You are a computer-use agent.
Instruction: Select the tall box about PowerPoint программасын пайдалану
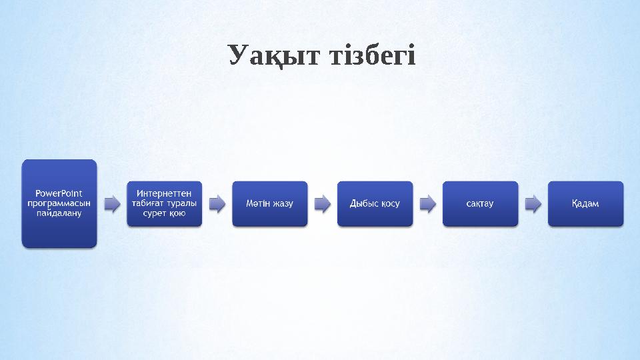pyautogui.click(x=59, y=203)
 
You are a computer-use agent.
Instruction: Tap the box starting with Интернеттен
pyautogui.click(x=164, y=203)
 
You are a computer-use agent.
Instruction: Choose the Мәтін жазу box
pyautogui.click(x=269, y=203)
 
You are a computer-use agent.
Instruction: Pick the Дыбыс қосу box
pyautogui.click(x=375, y=203)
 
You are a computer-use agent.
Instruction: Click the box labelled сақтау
pyautogui.click(x=480, y=203)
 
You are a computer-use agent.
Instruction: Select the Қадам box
pyautogui.click(x=585, y=203)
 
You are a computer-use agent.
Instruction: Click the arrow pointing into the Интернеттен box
pyautogui.click(x=112, y=203)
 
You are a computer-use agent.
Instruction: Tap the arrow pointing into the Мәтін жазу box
pyautogui.click(x=217, y=203)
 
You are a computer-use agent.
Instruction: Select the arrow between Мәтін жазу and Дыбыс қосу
pyautogui.click(x=323, y=203)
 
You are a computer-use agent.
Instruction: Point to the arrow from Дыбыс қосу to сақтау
pyautogui.click(x=428, y=203)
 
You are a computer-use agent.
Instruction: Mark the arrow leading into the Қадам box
pyautogui.click(x=533, y=203)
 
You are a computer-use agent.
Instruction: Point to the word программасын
pyautogui.click(x=59, y=203)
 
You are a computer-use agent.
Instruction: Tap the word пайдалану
pyautogui.click(x=59, y=213)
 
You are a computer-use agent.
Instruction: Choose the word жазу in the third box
pyautogui.click(x=280, y=203)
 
